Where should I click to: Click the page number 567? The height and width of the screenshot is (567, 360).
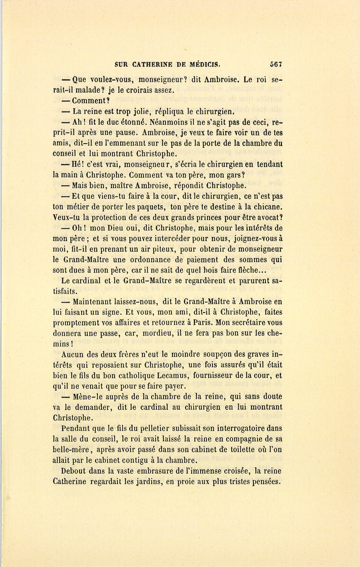(x=276, y=64)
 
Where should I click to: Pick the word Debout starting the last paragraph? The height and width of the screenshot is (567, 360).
(x=74, y=471)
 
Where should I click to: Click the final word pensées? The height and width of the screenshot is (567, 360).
(x=264, y=481)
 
